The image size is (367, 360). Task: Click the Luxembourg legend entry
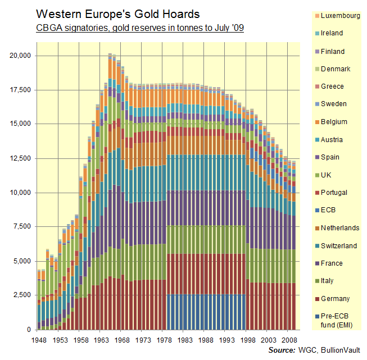341,16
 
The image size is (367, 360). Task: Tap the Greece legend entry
333,86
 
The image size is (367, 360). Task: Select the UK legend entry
328,175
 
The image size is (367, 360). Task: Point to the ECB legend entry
329,211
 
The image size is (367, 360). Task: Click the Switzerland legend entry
339,246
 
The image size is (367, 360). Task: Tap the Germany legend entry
336,299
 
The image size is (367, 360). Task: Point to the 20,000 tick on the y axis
21,56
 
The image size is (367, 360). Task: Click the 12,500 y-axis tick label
21,158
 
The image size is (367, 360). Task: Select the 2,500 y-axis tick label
24,295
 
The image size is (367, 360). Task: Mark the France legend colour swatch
316,263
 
